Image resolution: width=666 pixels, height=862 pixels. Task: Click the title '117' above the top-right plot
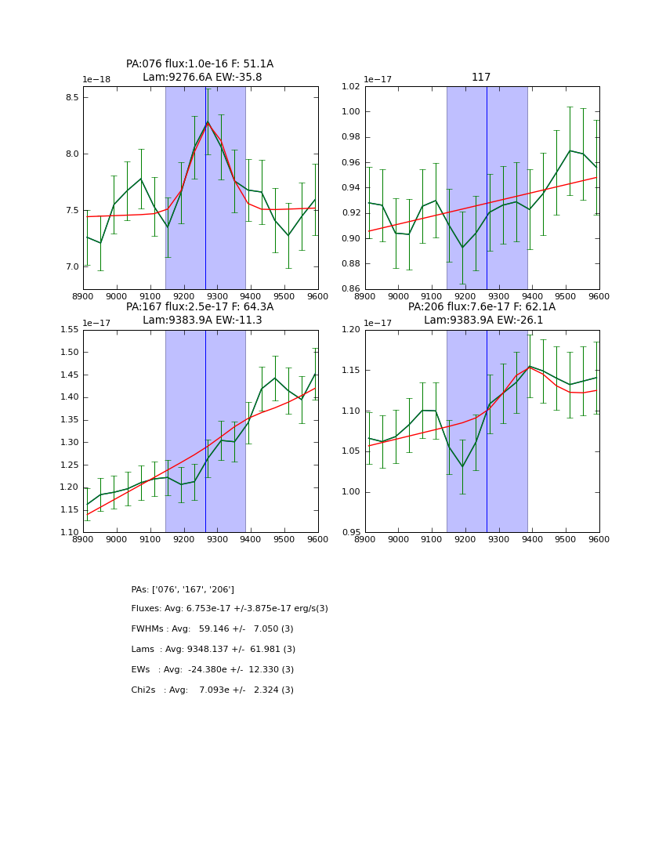click(481, 78)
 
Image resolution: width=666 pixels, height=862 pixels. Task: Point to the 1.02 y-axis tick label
click(350, 86)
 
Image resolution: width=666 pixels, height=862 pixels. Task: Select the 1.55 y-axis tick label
click(69, 330)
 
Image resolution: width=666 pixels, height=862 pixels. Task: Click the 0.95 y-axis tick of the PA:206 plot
click(350, 533)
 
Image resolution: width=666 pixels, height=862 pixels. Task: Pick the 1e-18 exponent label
click(99, 80)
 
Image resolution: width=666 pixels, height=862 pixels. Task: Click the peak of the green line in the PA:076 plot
click(208, 121)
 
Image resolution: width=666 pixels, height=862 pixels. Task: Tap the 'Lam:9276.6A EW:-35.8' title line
click(202, 78)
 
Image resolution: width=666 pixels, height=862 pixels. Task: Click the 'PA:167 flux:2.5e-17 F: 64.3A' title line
click(200, 307)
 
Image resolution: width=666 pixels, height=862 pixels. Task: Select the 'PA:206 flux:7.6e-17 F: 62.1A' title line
click(482, 307)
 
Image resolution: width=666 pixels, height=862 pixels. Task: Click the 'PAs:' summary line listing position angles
click(183, 589)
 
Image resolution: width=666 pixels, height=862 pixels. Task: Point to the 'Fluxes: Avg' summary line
click(230, 609)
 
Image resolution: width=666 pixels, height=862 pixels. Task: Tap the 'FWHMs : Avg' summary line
click(213, 629)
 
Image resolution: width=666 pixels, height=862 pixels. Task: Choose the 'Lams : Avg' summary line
click(213, 650)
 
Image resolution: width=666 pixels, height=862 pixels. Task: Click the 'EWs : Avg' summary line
click(212, 670)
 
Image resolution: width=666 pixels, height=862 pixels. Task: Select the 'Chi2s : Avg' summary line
click(212, 690)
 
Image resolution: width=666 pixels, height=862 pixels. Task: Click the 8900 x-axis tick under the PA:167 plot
click(83, 541)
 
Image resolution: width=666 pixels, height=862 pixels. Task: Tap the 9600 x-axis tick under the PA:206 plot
click(599, 541)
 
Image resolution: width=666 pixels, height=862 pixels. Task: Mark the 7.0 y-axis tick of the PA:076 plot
click(72, 267)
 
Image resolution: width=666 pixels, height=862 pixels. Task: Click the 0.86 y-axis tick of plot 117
click(350, 289)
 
